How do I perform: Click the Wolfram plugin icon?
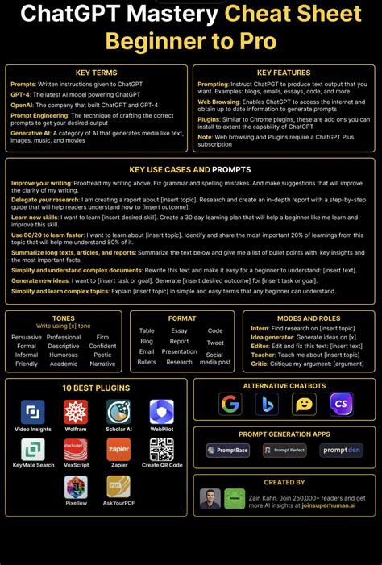coord(76,412)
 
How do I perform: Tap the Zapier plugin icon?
coord(118,449)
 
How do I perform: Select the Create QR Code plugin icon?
coord(162,449)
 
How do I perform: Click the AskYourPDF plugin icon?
coord(118,487)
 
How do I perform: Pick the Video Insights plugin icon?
coord(33,412)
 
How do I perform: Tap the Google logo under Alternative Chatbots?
coord(230,404)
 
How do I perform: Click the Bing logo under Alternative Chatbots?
coord(268,404)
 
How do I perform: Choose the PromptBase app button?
coord(228,451)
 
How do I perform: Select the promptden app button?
coord(342,451)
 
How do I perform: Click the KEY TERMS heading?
coord(96,73)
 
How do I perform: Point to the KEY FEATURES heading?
coord(283,73)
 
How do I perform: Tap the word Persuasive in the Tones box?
coord(27,338)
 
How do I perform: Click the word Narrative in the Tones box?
coord(102,364)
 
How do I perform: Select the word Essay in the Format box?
coord(179,330)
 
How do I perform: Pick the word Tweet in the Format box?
coord(215,343)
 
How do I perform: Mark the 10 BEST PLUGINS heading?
coord(95,388)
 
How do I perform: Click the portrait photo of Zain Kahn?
coord(210,498)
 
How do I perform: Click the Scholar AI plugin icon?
coord(118,412)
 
